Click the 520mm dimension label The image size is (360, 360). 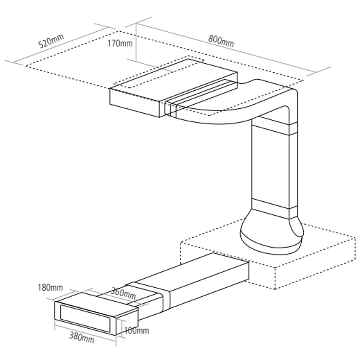(51, 41)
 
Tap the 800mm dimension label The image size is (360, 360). (221, 41)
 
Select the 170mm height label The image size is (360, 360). (120, 43)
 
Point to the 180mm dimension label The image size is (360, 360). (50, 287)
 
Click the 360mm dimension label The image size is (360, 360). (123, 293)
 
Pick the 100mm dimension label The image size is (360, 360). (136, 330)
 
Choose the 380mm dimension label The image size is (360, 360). (82, 338)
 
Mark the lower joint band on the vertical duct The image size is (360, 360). (273, 207)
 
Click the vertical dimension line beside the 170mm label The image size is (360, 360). (136, 42)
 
